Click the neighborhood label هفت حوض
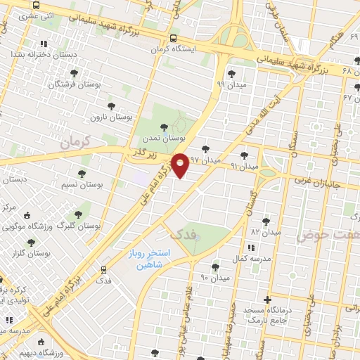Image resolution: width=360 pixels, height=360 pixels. (323, 234)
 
